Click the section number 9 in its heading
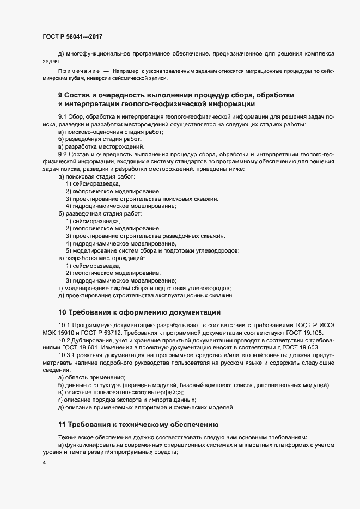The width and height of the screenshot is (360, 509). click(60, 95)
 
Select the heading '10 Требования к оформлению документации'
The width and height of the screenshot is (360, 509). click(139, 312)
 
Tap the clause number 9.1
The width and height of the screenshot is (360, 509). click(63, 118)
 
